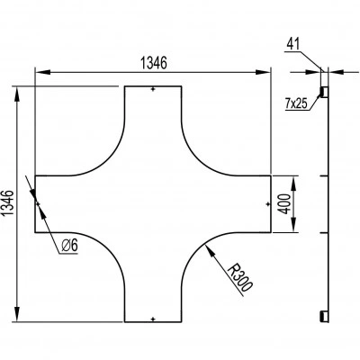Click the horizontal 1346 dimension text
pyautogui.click(x=153, y=63)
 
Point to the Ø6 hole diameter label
pyautogui.click(x=69, y=246)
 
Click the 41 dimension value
pyautogui.click(x=292, y=44)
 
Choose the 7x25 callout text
pyautogui.click(x=296, y=103)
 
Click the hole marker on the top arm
pyautogui.click(x=153, y=89)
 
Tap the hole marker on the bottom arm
pyautogui.click(x=153, y=319)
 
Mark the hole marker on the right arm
pyautogui.click(x=268, y=204)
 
